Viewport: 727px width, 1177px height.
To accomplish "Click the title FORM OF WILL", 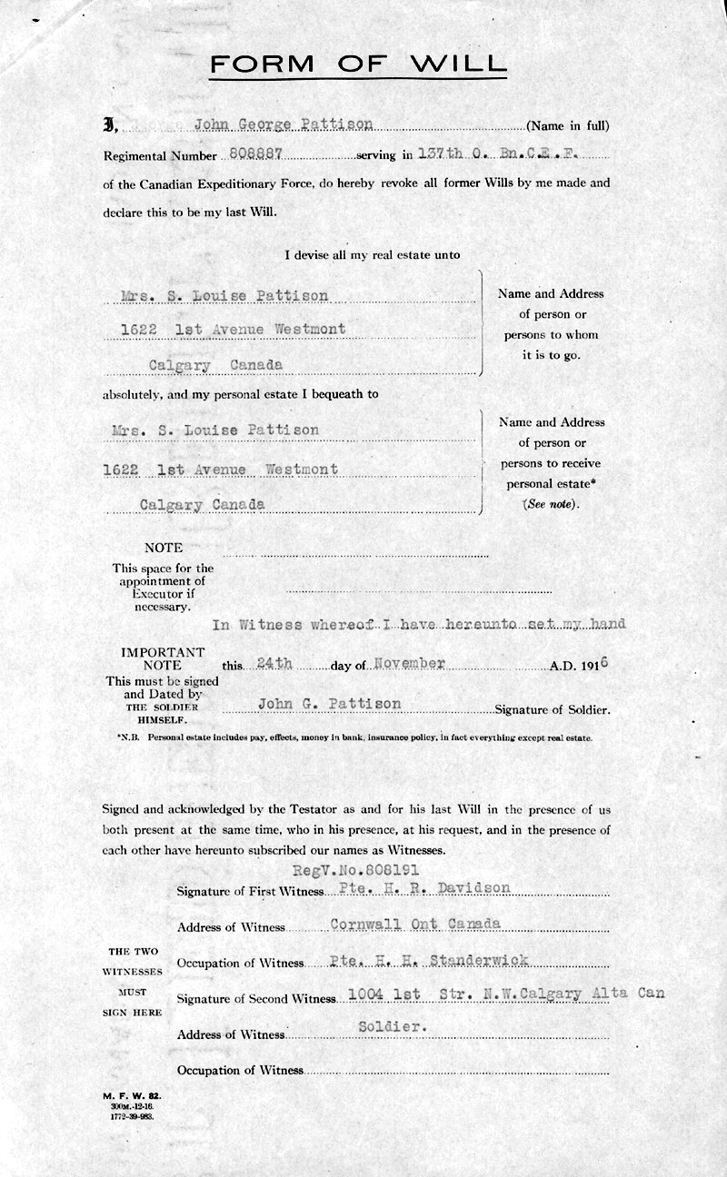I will pos(357,64).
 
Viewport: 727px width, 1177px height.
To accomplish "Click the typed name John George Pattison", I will pos(284,125).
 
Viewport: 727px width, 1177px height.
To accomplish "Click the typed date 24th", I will pos(274,664).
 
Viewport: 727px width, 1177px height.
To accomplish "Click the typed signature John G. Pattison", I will pos(329,704).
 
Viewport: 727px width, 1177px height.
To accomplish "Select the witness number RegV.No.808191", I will pos(369,869).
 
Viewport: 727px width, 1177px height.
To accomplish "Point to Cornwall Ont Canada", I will pos(415,924).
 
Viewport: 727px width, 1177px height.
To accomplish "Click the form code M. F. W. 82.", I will pos(132,1097).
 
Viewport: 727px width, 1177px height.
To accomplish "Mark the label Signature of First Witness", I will pos(250,892).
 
